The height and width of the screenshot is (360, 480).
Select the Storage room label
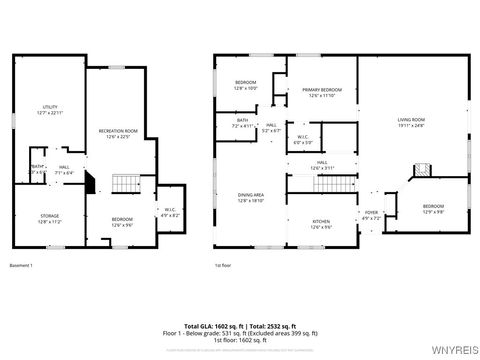click(x=50, y=216)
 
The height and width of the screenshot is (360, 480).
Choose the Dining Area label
click(x=250, y=197)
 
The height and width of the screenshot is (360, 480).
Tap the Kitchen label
click(x=321, y=224)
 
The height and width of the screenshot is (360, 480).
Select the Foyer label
click(x=371, y=214)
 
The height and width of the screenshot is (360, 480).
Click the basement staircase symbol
click(x=124, y=184)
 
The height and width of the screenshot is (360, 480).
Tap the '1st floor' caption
click(x=223, y=265)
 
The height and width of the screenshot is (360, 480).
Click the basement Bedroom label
click(x=122, y=221)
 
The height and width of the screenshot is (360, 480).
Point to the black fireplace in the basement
click(x=90, y=184)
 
